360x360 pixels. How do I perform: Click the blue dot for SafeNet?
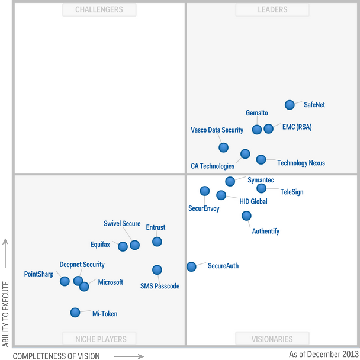click(290, 105)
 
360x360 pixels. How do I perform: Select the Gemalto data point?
click(256, 129)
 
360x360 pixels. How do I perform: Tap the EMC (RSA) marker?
click(268, 128)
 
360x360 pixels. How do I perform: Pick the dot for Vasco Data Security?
click(223, 147)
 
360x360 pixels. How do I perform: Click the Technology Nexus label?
click(301, 163)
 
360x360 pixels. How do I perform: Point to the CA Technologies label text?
click(213, 166)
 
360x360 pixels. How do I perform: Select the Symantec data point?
click(230, 181)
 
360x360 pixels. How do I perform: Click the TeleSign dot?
click(261, 188)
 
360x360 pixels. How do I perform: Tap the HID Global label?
click(253, 201)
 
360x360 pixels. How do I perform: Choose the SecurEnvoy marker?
click(204, 191)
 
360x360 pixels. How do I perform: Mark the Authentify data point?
click(246, 216)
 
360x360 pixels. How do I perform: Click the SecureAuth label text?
click(223, 266)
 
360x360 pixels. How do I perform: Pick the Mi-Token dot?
click(75, 312)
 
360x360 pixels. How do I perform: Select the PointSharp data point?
click(65, 281)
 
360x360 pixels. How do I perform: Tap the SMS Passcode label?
click(159, 286)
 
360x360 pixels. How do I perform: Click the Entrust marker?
click(157, 242)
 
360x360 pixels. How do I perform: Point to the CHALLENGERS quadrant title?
click(99, 9)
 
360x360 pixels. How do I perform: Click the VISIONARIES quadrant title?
click(272, 339)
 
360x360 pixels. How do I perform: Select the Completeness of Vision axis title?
click(56, 356)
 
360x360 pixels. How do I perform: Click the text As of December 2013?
click(323, 354)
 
